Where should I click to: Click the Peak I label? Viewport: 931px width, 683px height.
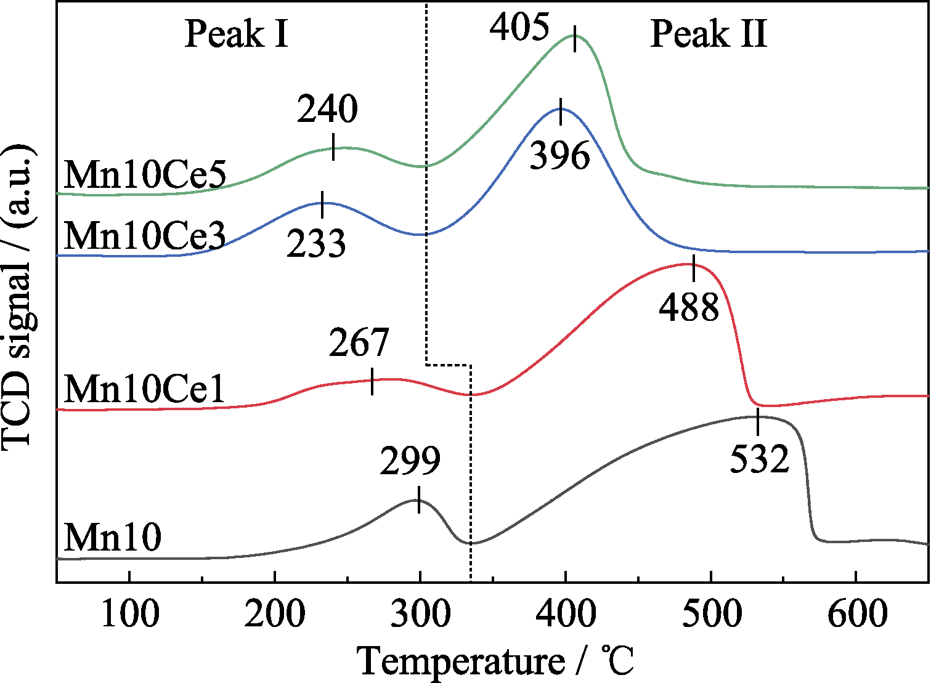237,34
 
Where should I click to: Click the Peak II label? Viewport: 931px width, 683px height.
709,34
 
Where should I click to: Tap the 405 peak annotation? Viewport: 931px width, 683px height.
519,28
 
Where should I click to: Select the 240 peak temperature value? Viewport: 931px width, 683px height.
327,110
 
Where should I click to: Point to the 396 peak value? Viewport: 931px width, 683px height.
560,156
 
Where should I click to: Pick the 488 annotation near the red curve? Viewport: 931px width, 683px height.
689,307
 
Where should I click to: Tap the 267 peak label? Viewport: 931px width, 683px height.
359,343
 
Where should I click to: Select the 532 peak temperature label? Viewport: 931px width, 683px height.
759,459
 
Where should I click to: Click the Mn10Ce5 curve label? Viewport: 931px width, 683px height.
145,175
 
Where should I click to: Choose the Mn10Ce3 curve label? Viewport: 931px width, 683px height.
145,236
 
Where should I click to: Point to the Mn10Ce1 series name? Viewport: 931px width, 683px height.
145,389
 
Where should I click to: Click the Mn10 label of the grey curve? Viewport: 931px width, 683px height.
113,537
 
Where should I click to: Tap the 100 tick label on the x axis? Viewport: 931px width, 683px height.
129,613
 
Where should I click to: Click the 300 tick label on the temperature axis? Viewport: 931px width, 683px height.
420,613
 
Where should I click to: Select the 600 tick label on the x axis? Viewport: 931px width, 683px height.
856,613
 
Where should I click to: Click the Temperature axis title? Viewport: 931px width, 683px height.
496,661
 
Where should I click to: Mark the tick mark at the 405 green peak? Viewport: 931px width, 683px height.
575,39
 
